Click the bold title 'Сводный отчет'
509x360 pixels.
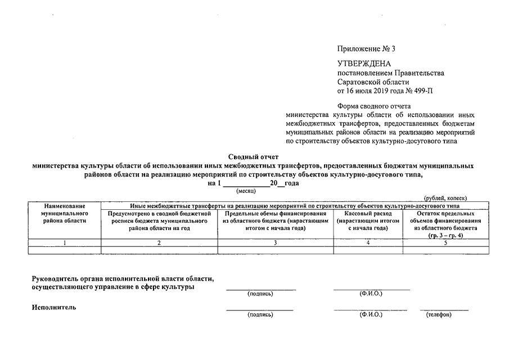point(253,157)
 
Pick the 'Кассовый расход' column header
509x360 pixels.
point(368,214)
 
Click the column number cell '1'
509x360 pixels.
point(65,242)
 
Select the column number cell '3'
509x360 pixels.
point(276,242)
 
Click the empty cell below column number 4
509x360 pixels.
point(368,250)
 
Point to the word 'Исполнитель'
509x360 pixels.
point(54,307)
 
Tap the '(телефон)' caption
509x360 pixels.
point(439,314)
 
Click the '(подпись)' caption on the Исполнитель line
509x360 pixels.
point(260,314)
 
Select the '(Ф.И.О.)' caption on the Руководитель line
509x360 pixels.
point(371,294)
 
